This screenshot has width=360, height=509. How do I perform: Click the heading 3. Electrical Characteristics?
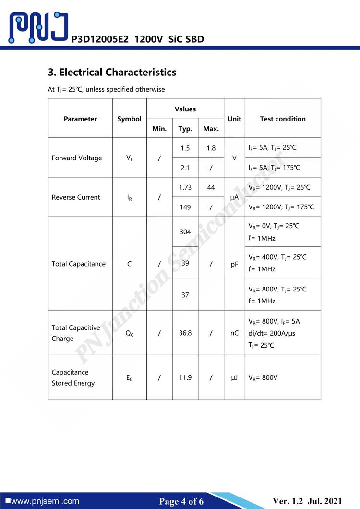tap(112, 73)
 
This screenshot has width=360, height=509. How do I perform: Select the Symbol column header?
tap(129, 119)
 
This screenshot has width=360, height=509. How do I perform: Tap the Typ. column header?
tap(185, 129)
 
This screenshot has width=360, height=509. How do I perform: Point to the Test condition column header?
tap(283, 119)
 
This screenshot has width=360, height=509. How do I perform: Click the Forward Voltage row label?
tap(77, 158)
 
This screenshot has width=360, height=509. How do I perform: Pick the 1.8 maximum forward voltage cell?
tap(211, 148)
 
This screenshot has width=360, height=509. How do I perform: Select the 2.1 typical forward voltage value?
tap(185, 168)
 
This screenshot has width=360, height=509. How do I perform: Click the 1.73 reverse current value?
tap(185, 187)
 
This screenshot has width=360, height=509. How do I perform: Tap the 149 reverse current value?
tap(185, 207)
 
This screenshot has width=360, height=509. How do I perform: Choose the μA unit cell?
tap(234, 197)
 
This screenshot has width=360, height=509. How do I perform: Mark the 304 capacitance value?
tap(185, 232)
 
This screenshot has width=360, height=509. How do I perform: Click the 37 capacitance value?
tap(185, 295)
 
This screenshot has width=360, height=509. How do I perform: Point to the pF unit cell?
tap(234, 264)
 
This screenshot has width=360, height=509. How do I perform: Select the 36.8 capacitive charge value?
tap(185, 333)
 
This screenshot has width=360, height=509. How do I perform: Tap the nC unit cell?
tap(234, 333)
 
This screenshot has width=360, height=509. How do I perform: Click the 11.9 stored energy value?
tap(185, 377)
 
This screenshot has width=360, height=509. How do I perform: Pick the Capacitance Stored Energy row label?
tap(73, 377)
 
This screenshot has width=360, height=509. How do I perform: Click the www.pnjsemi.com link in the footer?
tap(45, 501)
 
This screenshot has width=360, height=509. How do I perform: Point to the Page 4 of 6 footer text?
tap(181, 501)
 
